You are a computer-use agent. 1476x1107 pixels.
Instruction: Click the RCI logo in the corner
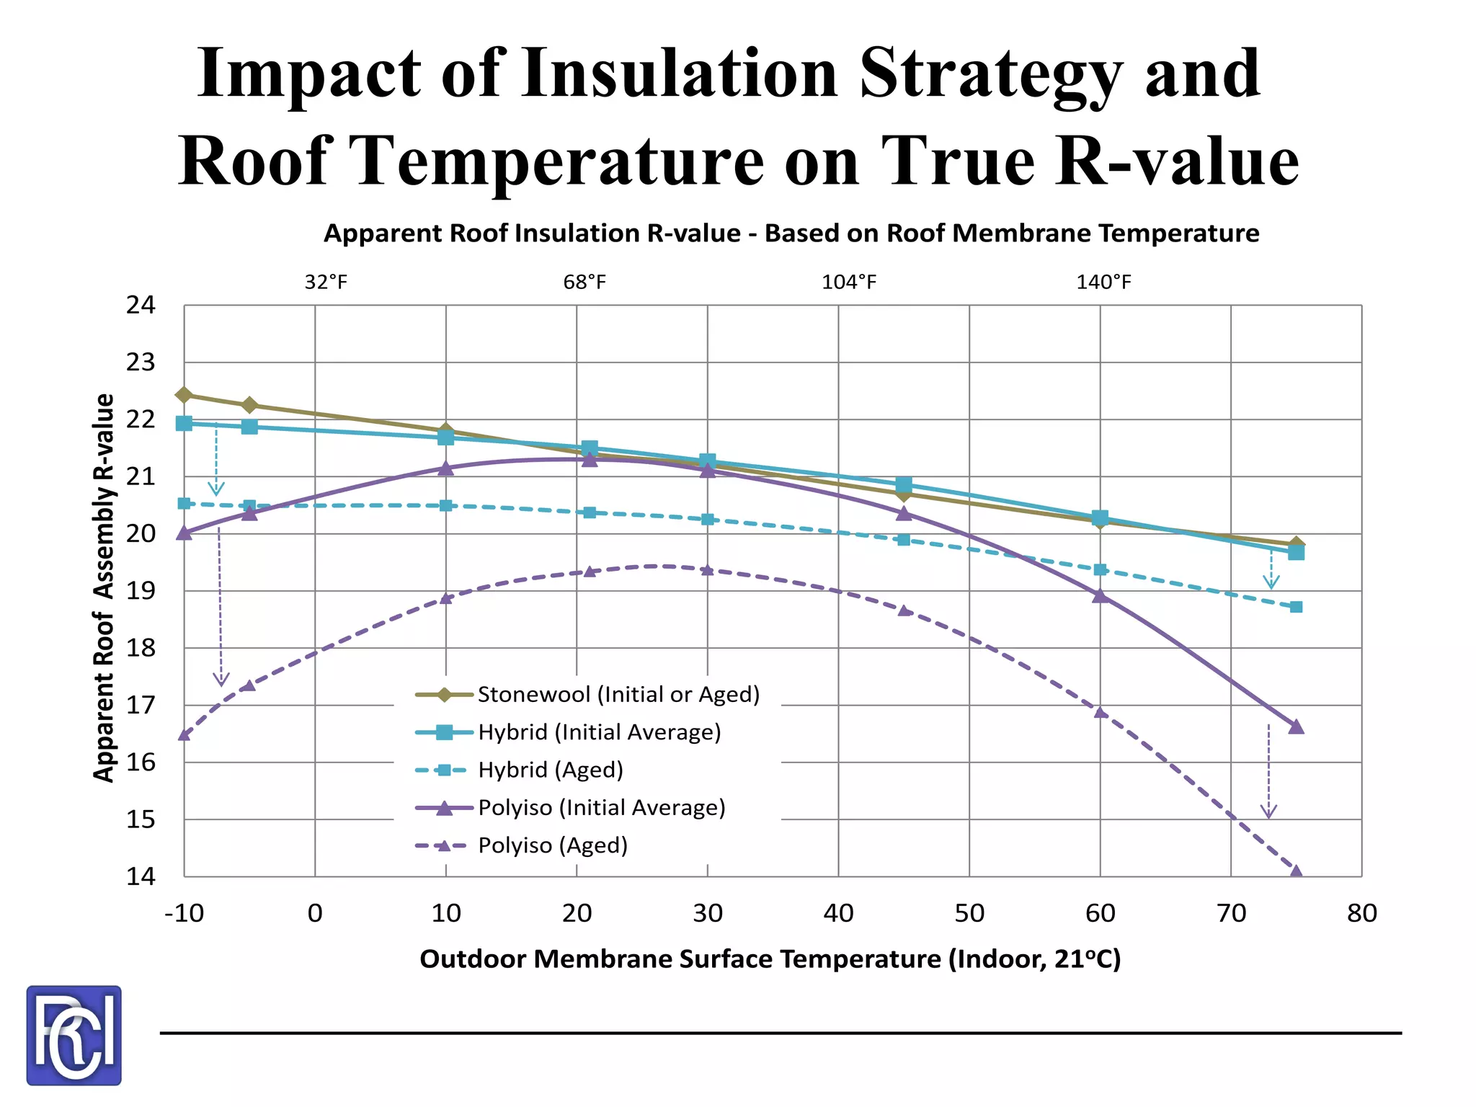tap(74, 1035)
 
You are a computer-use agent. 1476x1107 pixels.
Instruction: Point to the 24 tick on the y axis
tap(141, 306)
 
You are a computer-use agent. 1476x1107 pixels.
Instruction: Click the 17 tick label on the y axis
tap(141, 705)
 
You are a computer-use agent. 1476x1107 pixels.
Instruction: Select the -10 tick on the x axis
tap(184, 914)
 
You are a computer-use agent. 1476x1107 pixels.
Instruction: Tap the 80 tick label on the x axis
tap(1361, 914)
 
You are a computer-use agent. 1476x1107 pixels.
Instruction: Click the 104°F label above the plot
tap(849, 282)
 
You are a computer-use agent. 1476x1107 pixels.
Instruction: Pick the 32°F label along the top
tap(326, 282)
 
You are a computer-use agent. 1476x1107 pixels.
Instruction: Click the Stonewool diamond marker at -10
tap(184, 395)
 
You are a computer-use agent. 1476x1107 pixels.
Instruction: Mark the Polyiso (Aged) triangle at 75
tap(1296, 872)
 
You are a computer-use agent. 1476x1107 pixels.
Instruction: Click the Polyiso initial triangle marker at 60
tap(1100, 596)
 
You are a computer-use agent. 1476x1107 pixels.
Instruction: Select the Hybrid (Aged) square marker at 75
tap(1296, 607)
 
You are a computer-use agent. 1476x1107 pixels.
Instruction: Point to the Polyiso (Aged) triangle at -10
tap(184, 734)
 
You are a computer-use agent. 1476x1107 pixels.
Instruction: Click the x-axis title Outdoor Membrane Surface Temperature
tap(770, 959)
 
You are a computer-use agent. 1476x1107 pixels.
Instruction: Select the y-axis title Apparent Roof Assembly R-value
tap(104, 587)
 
